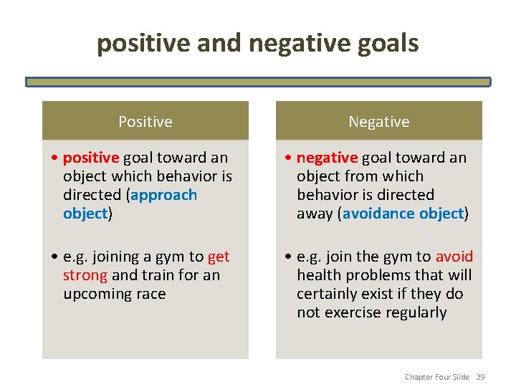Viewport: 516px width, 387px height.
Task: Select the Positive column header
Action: [x=145, y=122]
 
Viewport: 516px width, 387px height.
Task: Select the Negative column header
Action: [x=378, y=122]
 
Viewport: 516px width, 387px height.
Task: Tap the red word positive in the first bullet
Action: [x=91, y=158]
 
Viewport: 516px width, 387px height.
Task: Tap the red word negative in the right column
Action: [x=327, y=158]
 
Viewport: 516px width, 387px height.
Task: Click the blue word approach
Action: [x=167, y=195]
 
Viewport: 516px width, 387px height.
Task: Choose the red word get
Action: [x=219, y=257]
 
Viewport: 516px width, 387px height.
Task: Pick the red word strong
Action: [x=85, y=275]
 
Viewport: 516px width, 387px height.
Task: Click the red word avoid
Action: [x=454, y=257]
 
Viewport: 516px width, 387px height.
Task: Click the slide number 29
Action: [x=480, y=377]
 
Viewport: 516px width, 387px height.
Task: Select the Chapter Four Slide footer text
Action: [x=437, y=377]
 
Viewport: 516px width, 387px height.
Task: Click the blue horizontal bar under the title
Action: [x=258, y=82]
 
